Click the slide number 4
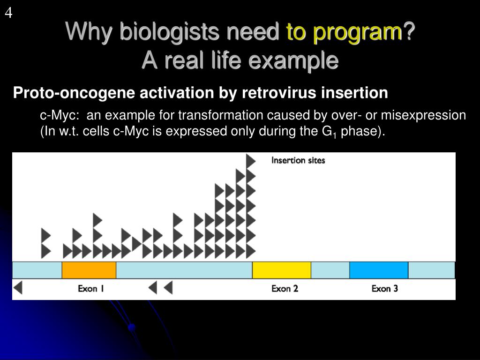tap(8, 13)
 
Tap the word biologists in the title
tap(169, 32)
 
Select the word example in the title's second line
tap(293, 60)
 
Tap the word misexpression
tap(423, 116)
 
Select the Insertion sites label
tap(298, 160)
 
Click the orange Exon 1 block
tap(89, 270)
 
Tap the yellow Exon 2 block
tap(282, 270)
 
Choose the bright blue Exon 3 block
tap(379, 270)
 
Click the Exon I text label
tap(91, 289)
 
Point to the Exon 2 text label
tap(285, 289)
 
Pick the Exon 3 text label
tap(385, 289)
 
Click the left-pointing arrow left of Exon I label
tap(18, 288)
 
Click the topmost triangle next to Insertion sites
tap(251, 161)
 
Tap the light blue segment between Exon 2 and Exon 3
tap(330, 270)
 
